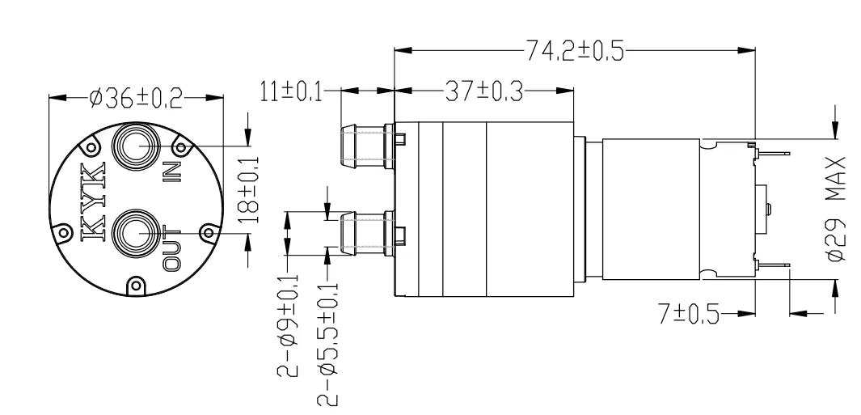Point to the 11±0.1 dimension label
point(289,91)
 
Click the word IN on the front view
point(171,172)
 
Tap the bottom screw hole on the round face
point(134,285)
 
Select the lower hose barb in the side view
point(363,234)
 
